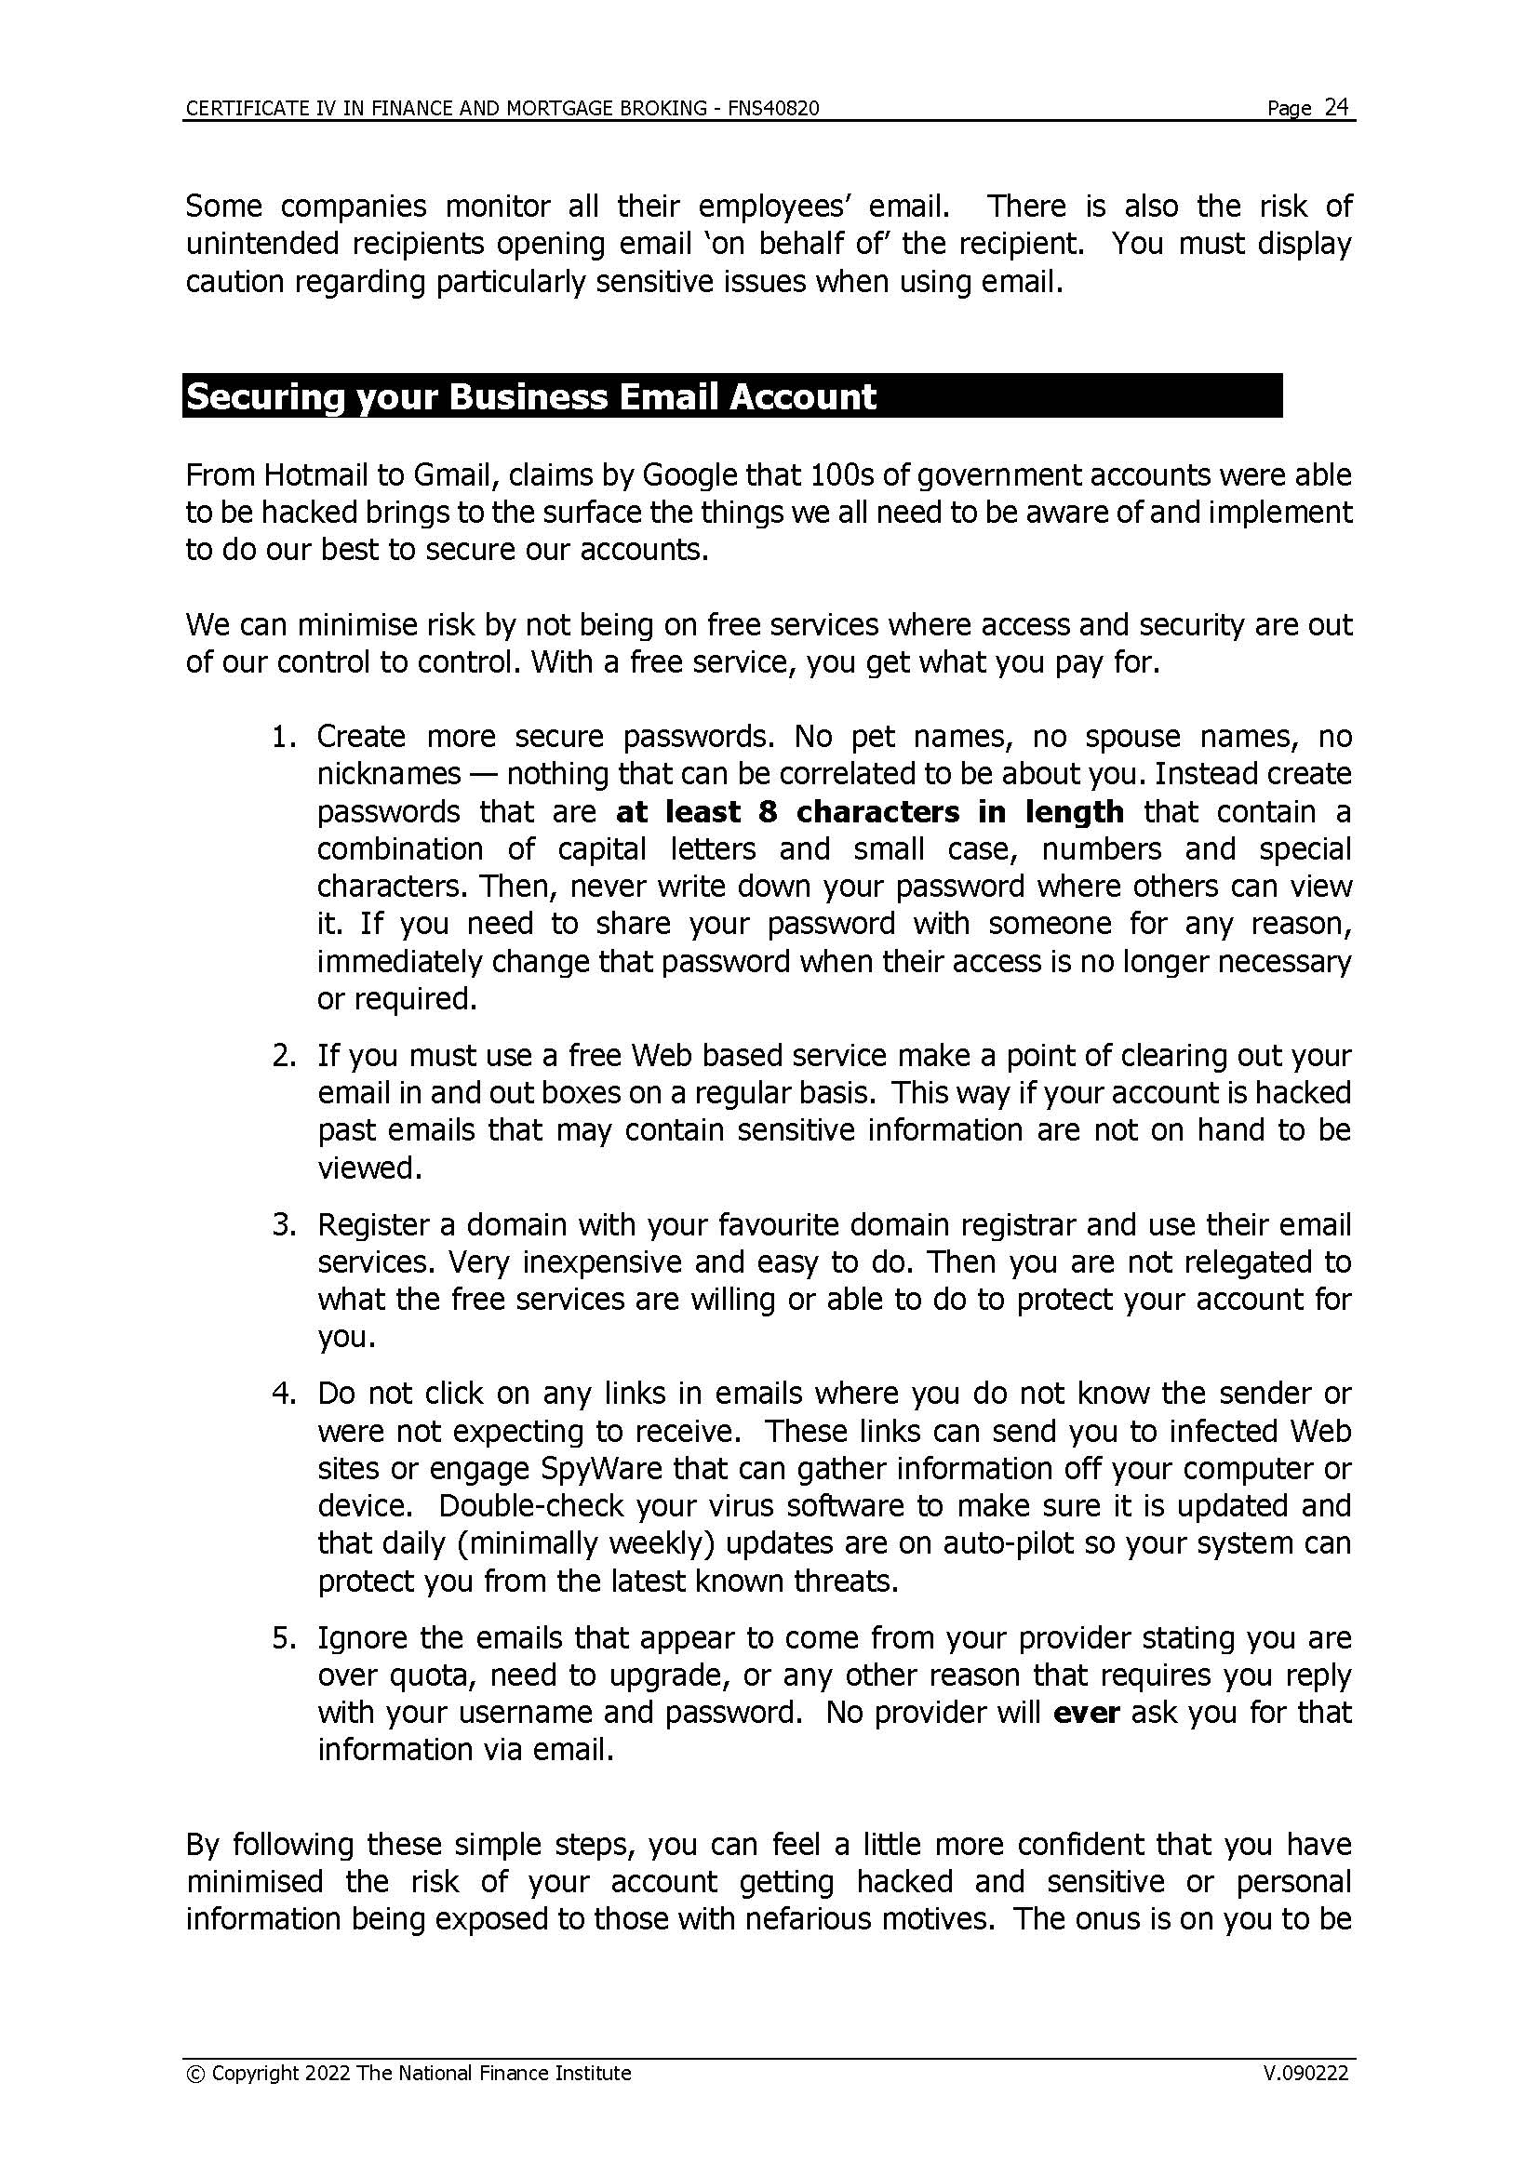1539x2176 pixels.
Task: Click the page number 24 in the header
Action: point(1336,107)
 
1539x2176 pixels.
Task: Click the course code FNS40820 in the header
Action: point(773,109)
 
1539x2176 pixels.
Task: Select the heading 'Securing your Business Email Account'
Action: point(530,396)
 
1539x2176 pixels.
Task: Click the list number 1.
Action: point(284,737)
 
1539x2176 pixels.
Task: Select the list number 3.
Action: point(284,1224)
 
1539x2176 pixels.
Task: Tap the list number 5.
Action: point(284,1637)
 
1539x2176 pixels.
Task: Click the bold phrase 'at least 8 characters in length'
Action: point(869,811)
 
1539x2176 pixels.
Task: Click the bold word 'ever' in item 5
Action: point(1086,1713)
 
